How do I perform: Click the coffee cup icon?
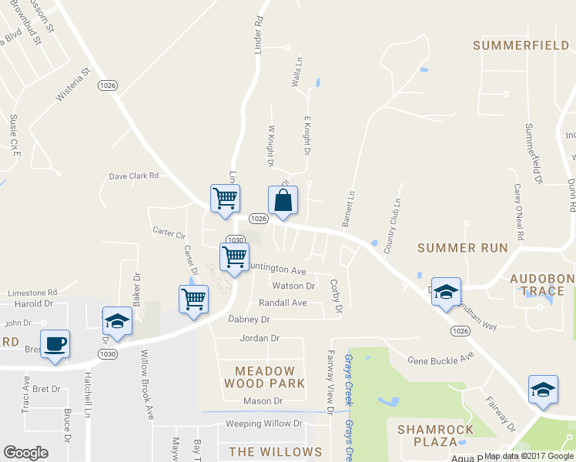click(x=55, y=343)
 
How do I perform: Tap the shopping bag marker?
click(x=283, y=200)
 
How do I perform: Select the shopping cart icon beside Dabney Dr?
click(x=193, y=299)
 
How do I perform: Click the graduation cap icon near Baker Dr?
click(x=117, y=321)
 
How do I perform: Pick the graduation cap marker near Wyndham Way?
click(x=446, y=292)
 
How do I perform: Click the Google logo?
click(x=25, y=453)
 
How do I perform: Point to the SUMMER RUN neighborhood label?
click(x=462, y=248)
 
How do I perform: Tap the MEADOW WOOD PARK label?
click(x=265, y=377)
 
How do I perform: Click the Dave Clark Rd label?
click(x=133, y=176)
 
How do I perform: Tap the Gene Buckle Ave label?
click(x=440, y=360)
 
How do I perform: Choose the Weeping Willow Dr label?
click(x=263, y=423)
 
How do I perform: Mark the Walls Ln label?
click(x=296, y=70)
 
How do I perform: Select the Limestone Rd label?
click(x=32, y=293)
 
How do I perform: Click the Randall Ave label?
click(x=283, y=303)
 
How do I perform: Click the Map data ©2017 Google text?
click(x=527, y=456)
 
